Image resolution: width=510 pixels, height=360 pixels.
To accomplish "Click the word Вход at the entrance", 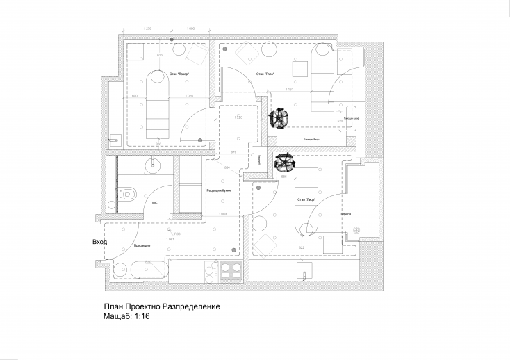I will (x=99, y=243).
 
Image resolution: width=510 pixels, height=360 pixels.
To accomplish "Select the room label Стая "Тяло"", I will (x=265, y=74).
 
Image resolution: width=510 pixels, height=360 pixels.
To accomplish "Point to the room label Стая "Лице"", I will (x=306, y=199).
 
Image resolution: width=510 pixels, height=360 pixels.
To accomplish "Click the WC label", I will (x=154, y=204).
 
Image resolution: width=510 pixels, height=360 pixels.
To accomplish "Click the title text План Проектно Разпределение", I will (x=162, y=306).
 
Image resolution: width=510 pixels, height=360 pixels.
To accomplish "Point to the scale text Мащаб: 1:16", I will (x=127, y=316).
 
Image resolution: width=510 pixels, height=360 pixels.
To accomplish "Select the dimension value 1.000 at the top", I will (x=190, y=28).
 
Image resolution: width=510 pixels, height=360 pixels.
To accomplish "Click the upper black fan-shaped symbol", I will (x=278, y=118).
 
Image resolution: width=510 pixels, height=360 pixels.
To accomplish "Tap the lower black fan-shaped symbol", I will (x=283, y=163).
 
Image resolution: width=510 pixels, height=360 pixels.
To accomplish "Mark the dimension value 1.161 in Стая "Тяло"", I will (x=290, y=89).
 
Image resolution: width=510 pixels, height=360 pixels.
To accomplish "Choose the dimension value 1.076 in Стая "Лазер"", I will (x=188, y=96).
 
